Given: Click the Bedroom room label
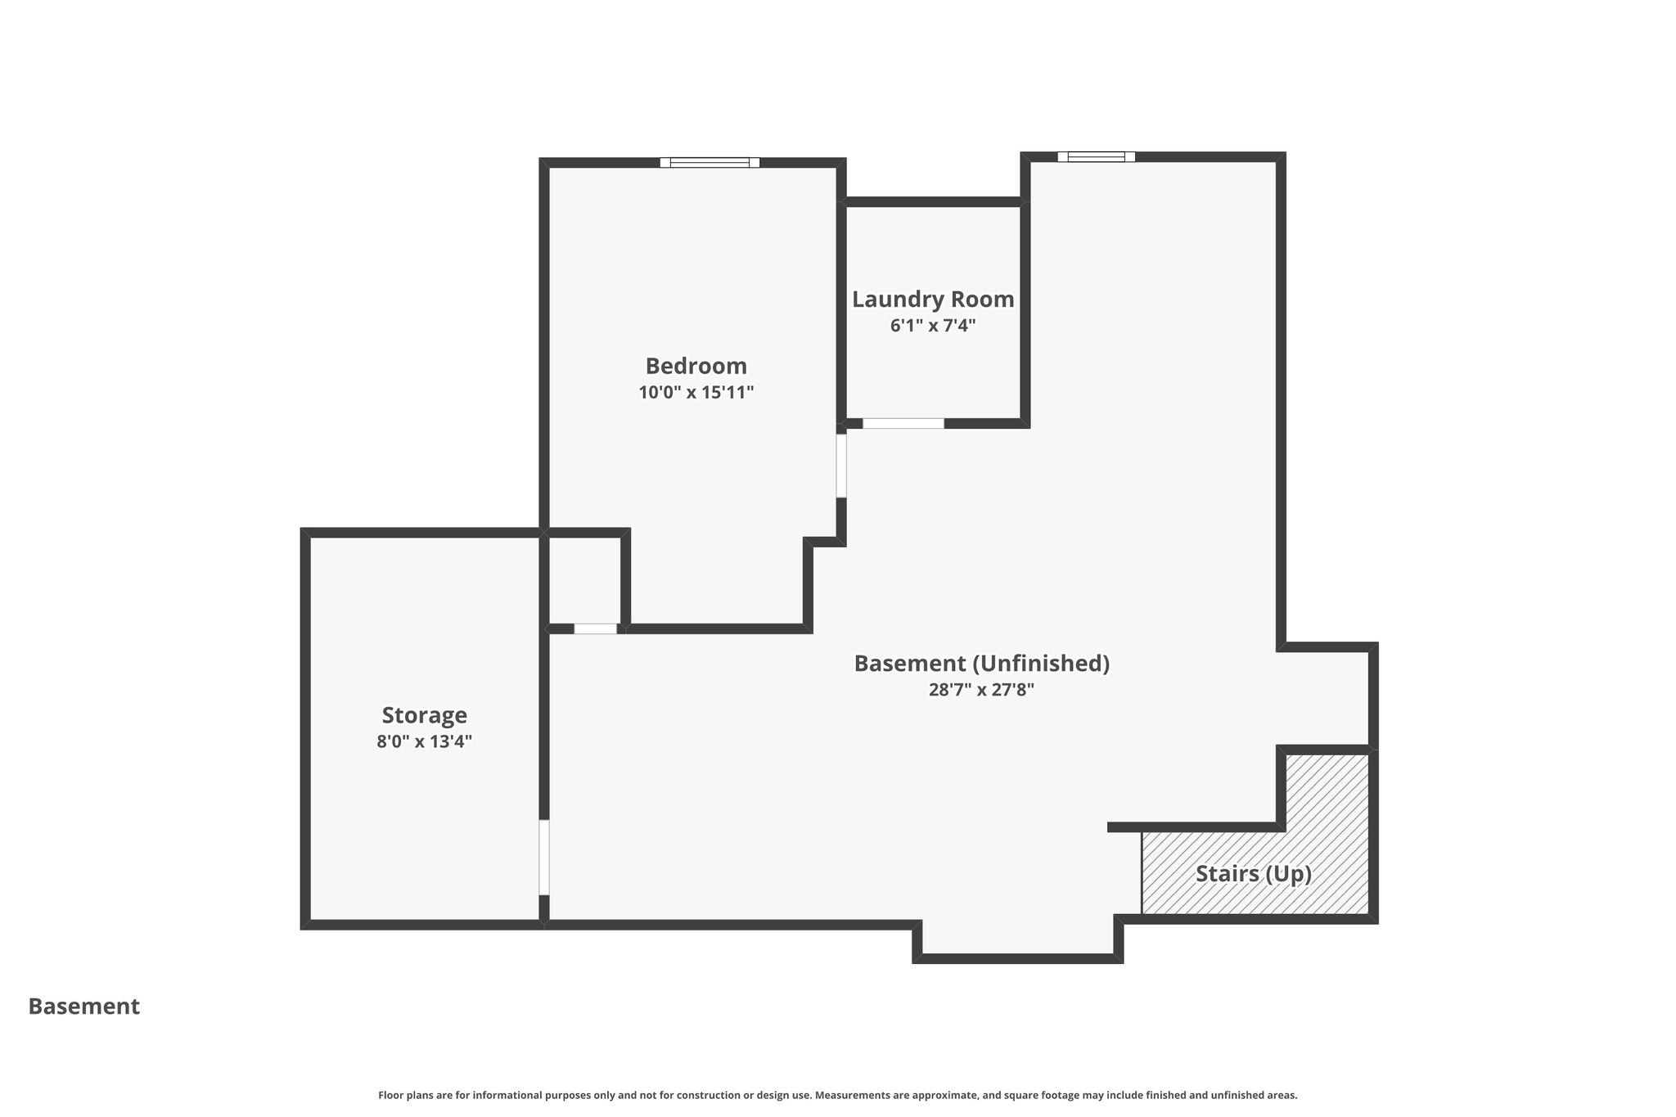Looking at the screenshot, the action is (x=696, y=366).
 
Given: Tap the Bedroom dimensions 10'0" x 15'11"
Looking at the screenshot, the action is (x=696, y=392).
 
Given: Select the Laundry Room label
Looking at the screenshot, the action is (x=933, y=300).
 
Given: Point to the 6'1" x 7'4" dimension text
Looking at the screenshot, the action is (x=933, y=326).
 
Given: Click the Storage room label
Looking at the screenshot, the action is (x=424, y=715).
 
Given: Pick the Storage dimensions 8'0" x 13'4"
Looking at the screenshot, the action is (x=424, y=741).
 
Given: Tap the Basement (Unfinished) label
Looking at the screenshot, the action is (x=981, y=664).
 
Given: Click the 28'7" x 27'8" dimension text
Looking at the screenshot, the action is (x=981, y=690).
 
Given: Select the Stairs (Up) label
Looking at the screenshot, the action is (x=1254, y=874).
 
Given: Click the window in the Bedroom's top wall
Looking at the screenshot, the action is (x=710, y=162).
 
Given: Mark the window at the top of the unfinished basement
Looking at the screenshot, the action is (x=1096, y=156).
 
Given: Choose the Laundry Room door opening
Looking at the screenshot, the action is (x=903, y=423).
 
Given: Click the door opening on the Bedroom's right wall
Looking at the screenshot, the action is (x=840, y=466).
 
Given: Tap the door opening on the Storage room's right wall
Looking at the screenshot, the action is (x=543, y=858).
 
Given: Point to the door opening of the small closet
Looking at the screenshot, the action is (x=595, y=628).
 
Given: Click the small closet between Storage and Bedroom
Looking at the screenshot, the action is (x=584, y=580).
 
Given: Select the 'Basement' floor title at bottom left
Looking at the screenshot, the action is (x=84, y=1007).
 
